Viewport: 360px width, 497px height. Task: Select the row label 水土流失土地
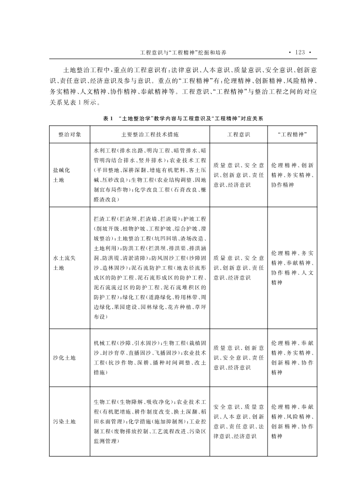coord(65,263)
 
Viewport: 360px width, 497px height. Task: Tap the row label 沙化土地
coord(65,358)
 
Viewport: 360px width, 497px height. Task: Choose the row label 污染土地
coord(65,422)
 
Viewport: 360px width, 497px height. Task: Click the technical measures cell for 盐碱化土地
coord(150,175)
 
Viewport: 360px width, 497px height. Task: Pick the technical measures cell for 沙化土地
coord(150,358)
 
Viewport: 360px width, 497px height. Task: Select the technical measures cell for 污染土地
coord(150,422)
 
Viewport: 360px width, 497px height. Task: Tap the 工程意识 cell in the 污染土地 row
coord(239,422)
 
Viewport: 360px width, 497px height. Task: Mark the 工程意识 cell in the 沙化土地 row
coord(239,358)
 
